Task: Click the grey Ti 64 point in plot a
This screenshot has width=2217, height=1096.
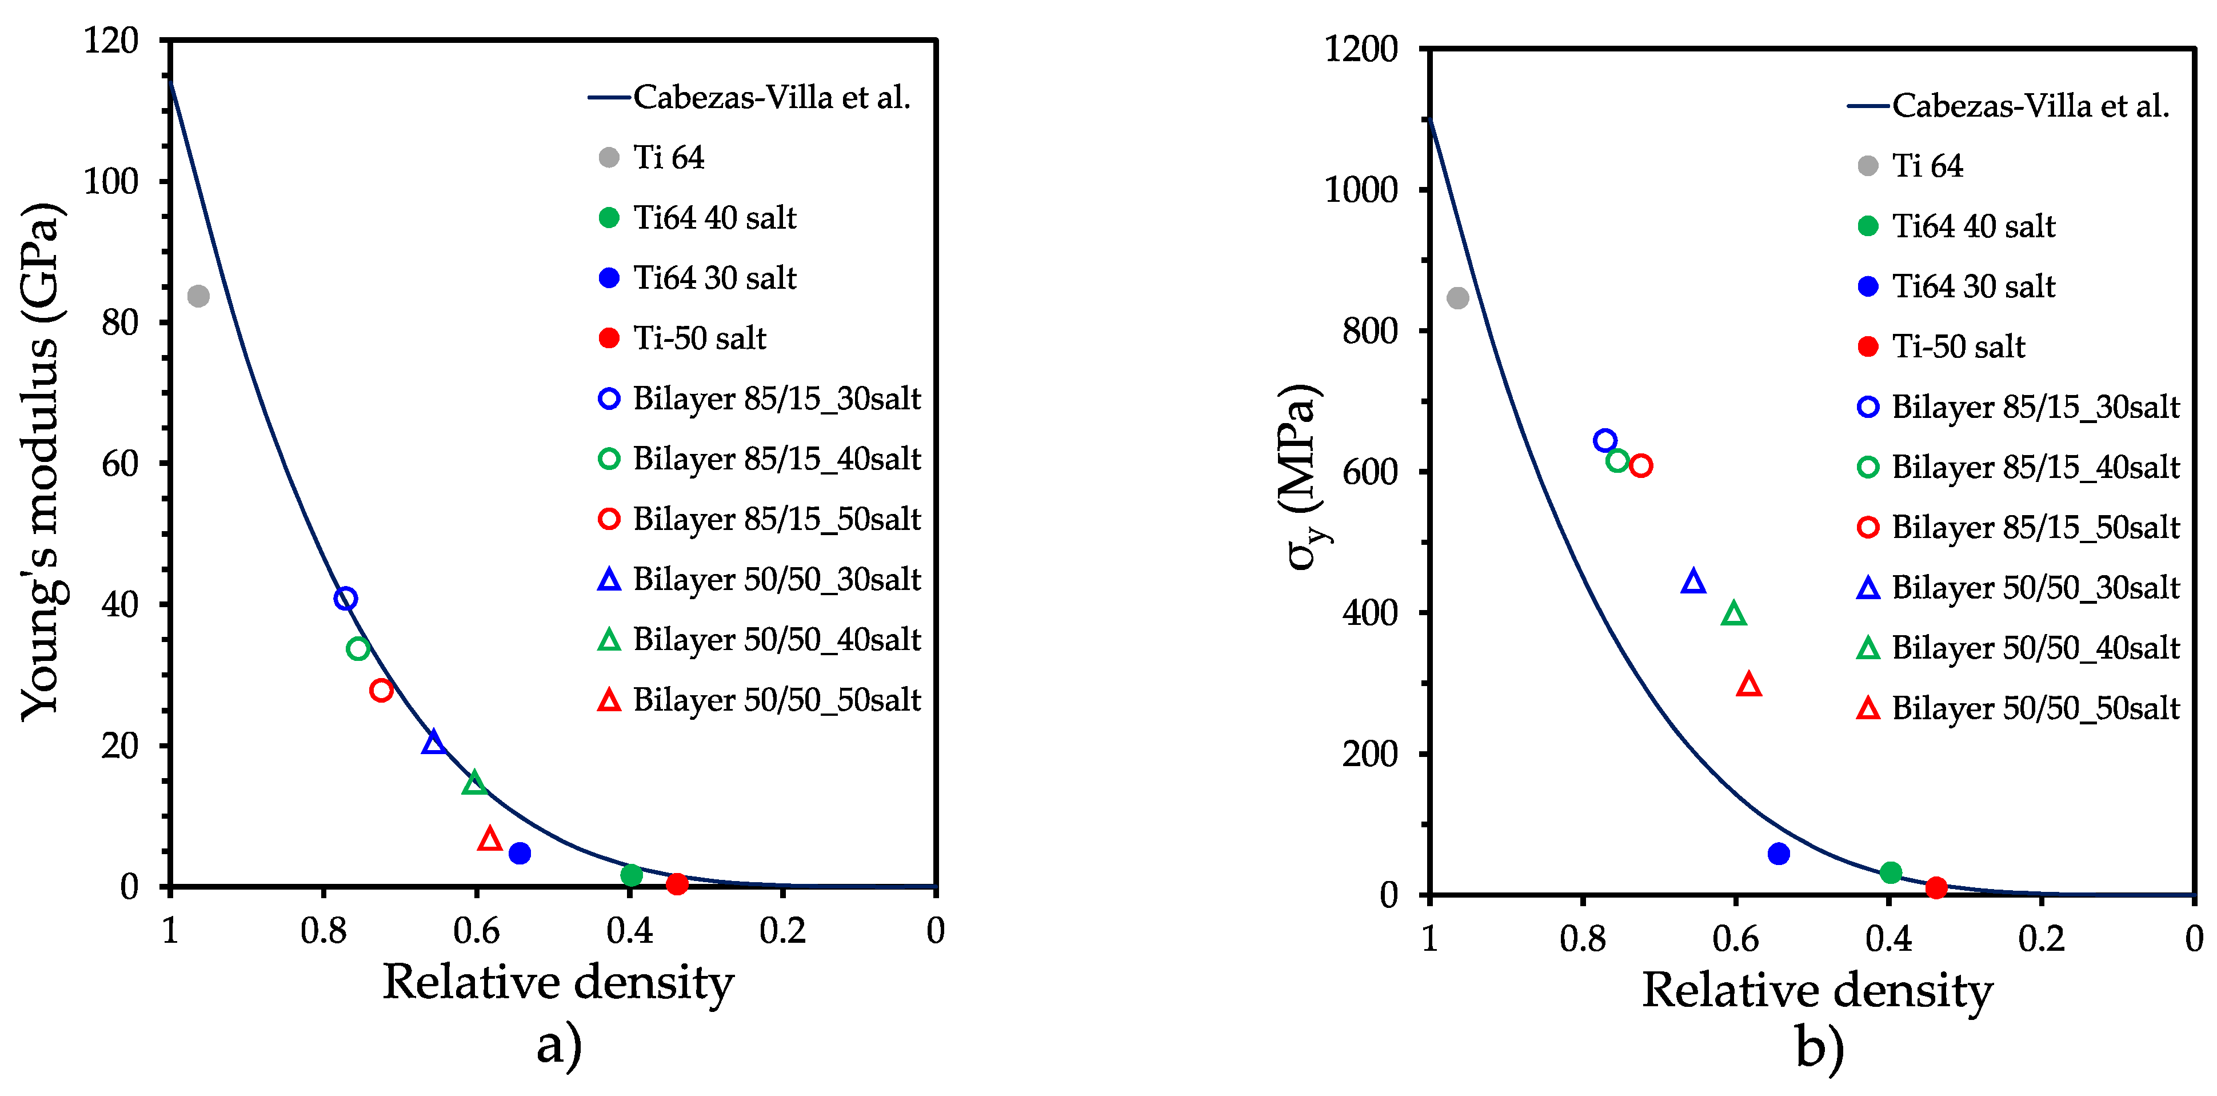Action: click(198, 296)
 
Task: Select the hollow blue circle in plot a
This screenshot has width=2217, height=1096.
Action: click(345, 599)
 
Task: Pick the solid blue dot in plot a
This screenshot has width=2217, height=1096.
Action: click(519, 853)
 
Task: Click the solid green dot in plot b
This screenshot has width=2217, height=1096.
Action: click(1891, 872)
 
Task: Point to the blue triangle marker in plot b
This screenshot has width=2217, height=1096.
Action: click(1693, 582)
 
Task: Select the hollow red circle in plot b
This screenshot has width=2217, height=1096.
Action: click(1640, 466)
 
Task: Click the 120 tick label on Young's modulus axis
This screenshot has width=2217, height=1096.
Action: click(111, 41)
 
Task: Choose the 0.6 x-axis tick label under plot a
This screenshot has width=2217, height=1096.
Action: click(476, 931)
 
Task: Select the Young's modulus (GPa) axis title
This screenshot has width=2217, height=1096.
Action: click(41, 461)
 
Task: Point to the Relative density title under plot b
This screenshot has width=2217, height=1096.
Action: click(1817, 990)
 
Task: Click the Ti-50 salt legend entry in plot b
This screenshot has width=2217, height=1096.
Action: click(1958, 346)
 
